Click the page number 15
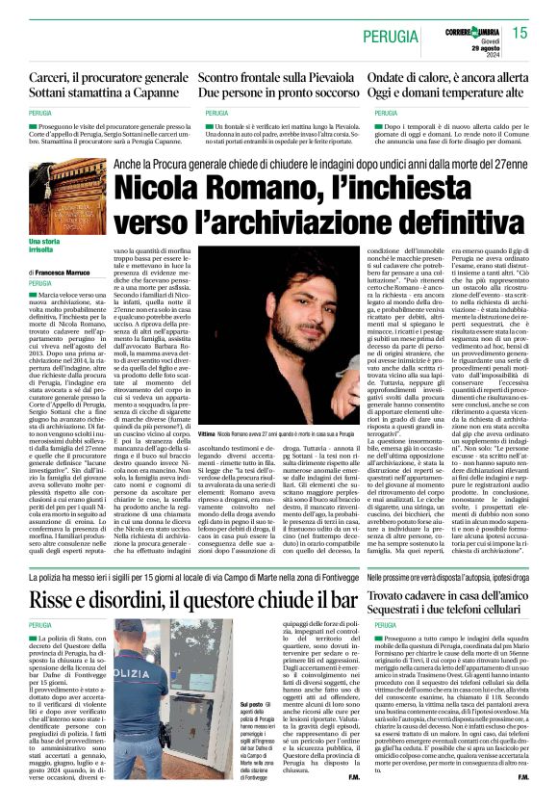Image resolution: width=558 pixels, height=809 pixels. click(520, 33)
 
